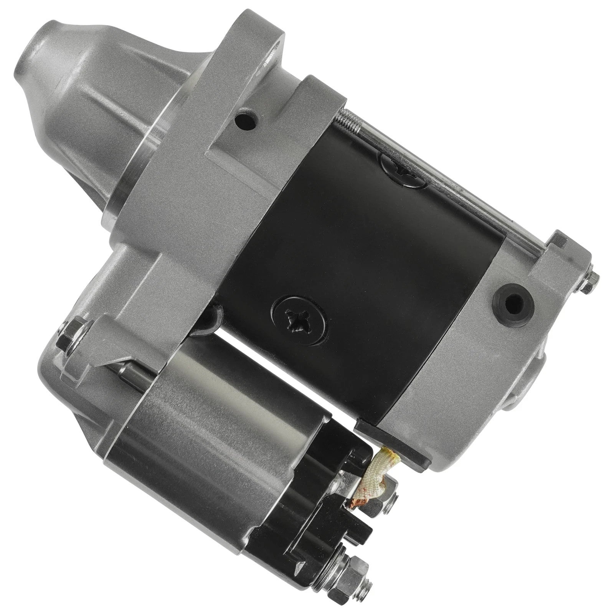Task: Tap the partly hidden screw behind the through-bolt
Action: (x=399, y=165)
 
